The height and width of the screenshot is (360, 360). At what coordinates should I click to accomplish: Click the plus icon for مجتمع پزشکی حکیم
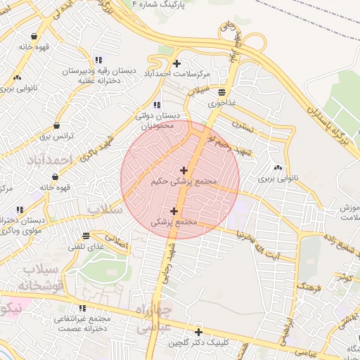184,170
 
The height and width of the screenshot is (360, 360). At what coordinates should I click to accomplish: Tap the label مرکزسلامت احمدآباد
186,75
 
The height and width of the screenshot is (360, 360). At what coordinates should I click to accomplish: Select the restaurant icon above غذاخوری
222,92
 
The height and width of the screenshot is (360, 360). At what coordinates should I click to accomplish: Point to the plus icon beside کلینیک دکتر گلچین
199,332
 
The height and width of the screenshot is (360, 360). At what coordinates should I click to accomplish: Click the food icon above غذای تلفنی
86,236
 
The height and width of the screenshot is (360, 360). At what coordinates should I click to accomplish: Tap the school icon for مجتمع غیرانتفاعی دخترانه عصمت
83,308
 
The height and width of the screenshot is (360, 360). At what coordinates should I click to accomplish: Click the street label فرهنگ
307,285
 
